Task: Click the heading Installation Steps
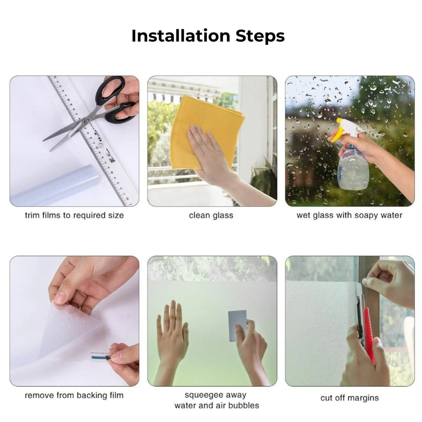[x=208, y=36]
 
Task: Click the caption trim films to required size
[x=74, y=216]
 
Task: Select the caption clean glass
[x=211, y=216]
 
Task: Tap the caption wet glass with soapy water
[x=349, y=216]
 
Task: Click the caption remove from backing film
[x=74, y=395]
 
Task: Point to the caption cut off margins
[x=349, y=398]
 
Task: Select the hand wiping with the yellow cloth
[x=208, y=155]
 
